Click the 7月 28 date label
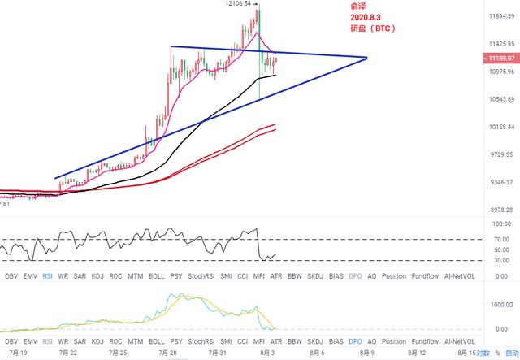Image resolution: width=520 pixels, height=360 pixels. tap(168, 353)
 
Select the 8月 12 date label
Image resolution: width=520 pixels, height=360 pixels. tap(417, 353)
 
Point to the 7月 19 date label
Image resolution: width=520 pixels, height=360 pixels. tap(17, 353)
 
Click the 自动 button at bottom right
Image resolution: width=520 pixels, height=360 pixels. tap(512, 353)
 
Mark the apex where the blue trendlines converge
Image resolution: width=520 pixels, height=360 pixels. tap(368, 58)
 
